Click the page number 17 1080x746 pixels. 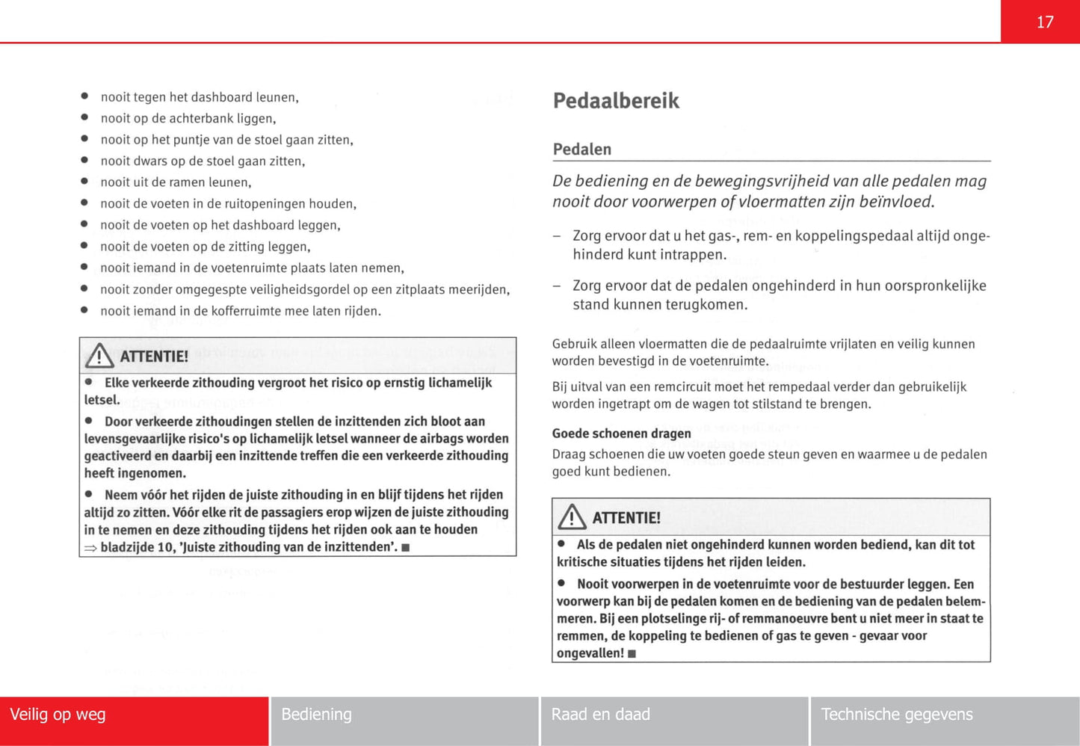[x=1044, y=22]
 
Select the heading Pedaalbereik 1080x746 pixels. [x=616, y=101]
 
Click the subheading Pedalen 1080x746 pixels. [x=581, y=149]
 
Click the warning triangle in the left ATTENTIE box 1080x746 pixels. [x=99, y=356]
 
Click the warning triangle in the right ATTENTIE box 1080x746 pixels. [x=572, y=517]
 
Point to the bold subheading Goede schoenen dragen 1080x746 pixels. [x=621, y=434]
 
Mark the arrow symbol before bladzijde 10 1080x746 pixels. [x=90, y=548]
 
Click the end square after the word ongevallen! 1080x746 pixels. [x=632, y=654]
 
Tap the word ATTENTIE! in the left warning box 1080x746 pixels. [x=154, y=357]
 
